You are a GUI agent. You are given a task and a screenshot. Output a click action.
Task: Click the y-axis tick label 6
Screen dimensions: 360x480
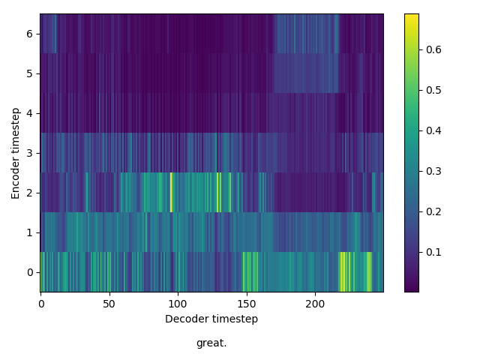tap(29, 34)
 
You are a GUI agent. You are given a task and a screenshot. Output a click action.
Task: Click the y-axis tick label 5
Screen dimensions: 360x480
tap(29, 73)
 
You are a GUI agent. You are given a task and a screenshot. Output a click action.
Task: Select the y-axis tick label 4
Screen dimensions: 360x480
tap(29, 113)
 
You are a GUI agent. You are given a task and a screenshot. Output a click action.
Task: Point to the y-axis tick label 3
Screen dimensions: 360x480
tap(29, 153)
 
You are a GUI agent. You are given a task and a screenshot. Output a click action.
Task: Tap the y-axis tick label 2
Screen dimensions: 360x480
tap(29, 193)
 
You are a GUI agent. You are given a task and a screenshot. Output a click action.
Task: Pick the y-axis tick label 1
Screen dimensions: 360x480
tap(29, 232)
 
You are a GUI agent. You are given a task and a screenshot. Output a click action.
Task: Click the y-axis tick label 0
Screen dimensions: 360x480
tap(29, 272)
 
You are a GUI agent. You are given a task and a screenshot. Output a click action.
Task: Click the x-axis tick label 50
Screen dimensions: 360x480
tap(109, 304)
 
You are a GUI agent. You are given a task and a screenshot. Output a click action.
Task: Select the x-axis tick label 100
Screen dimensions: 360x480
tap(178, 304)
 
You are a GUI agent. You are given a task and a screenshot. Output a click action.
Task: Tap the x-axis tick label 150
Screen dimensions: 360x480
tap(247, 304)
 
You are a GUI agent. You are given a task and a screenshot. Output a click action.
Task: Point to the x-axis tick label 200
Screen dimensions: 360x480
tap(315, 304)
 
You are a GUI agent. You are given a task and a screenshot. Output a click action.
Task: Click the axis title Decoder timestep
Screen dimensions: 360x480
tap(211, 319)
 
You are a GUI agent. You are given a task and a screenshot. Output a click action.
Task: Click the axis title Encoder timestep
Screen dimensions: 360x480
tap(16, 153)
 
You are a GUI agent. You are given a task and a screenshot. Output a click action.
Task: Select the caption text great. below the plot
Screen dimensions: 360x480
tap(211, 343)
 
